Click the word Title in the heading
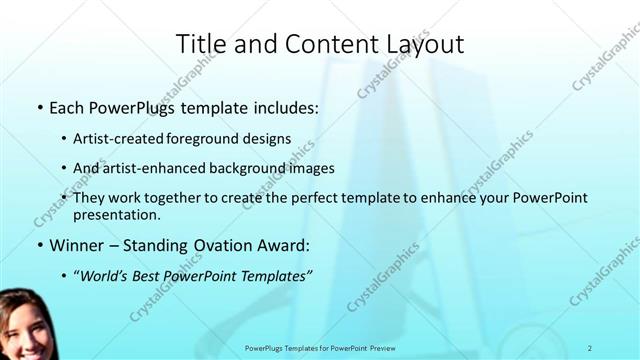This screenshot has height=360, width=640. [201, 44]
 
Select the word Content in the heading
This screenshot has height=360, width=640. [321, 44]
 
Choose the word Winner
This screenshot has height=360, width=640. [76, 245]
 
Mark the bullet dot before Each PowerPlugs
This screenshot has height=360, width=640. [39, 107]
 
